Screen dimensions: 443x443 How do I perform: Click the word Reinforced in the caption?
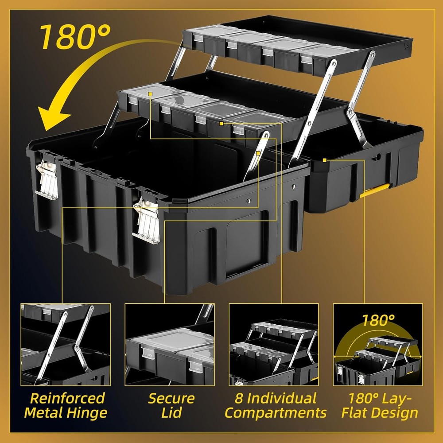click(65, 398)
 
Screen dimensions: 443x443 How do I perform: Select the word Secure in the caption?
click(171, 398)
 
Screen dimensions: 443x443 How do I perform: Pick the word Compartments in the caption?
click(276, 413)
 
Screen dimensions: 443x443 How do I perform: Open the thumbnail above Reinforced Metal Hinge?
click(66, 344)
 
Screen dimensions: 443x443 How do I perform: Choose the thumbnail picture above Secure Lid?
click(170, 344)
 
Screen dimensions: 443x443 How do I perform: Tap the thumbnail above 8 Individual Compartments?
click(274, 344)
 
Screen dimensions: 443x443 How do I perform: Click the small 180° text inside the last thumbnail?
click(378, 319)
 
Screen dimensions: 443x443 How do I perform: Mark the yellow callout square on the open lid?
click(325, 160)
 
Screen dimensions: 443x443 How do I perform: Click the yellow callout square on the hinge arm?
click(258, 153)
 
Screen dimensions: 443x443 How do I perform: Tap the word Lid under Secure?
click(171, 413)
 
